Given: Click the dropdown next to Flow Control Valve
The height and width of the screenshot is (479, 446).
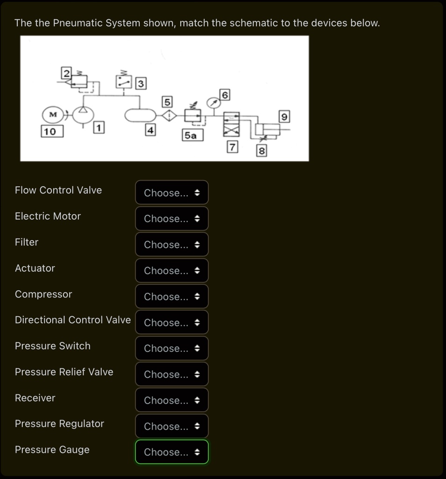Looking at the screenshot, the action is point(172,193).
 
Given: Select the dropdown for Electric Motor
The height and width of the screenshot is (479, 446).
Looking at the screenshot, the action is point(172,219).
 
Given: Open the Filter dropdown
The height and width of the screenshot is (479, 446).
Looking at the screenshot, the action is point(172,245).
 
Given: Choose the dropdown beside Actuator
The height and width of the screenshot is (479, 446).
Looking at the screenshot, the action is point(172,271).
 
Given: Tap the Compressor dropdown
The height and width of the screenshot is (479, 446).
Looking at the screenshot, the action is point(172,297).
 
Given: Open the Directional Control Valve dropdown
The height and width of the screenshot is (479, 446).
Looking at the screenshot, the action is point(172,323).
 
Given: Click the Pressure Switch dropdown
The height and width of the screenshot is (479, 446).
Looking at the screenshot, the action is point(172,348).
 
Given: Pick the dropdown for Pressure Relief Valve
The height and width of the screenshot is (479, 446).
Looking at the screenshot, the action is point(172,375).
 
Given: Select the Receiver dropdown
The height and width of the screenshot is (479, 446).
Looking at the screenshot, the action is point(172,400).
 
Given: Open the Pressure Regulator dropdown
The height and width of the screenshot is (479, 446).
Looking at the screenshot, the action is point(172,426).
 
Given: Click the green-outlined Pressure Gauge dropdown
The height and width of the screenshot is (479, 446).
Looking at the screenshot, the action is point(172,452).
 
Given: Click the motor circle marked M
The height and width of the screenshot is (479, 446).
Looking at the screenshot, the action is point(52,114).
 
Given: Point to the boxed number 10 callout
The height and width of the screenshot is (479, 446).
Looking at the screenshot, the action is point(50,131).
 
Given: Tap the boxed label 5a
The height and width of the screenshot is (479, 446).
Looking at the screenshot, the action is point(191,136).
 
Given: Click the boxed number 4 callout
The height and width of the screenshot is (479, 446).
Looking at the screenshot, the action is point(150,130).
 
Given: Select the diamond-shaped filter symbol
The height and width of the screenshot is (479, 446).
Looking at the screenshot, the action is point(169,115).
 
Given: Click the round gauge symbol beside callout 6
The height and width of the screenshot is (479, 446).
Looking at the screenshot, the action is point(213,103).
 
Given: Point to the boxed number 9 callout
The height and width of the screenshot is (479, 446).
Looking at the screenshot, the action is point(284,116).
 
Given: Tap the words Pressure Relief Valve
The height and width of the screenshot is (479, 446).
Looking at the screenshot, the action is point(64,372).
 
